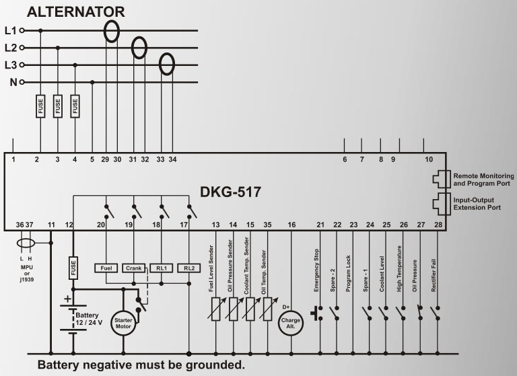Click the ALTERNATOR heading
pos(76,12)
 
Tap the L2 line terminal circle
pos(22,48)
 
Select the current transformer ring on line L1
pos(112,32)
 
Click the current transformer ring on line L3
pos(167,64)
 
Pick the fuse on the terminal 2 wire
pos(40,106)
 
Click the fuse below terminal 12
pos(73,268)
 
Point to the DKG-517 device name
pos(230,192)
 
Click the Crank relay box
pos(134,268)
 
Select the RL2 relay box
pos(189,268)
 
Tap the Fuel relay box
pos(106,268)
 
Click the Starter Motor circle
pos(123,323)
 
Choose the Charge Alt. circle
pos(291,323)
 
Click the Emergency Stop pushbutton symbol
pos(316,313)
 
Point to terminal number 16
pos(291,225)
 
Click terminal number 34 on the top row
pos(172,159)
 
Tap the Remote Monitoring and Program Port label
pos(483,180)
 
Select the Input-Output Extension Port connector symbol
pos(442,204)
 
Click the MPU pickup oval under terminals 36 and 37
pos(26,243)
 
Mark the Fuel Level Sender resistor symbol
pos(216,309)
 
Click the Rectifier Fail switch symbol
pos(436,313)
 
